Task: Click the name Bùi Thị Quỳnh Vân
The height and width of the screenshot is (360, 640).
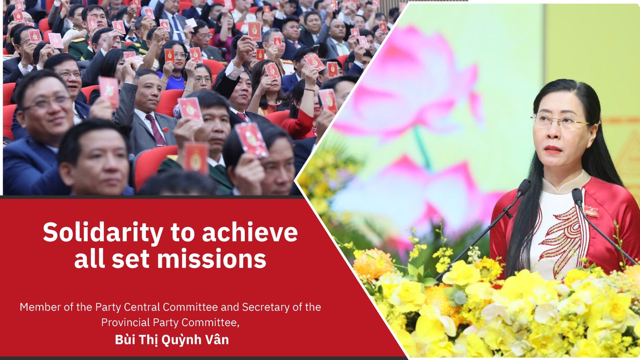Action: click(172, 340)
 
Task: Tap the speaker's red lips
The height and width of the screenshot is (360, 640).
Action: click(553, 150)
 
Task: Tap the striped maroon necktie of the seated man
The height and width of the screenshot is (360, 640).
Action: click(156, 130)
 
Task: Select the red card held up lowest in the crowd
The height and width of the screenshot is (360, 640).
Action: click(196, 159)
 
